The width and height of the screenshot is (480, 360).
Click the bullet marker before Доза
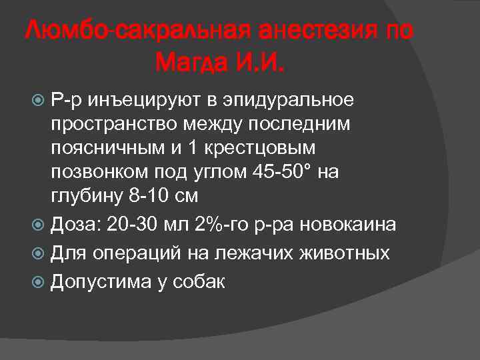tap(38, 225)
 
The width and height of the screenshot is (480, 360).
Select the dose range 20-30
tap(129, 225)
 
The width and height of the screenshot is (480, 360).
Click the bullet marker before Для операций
tap(38, 254)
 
